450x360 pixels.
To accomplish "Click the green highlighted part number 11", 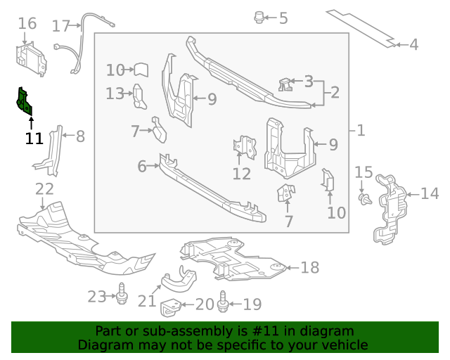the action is (24, 103).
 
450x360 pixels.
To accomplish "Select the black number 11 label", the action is (34, 139).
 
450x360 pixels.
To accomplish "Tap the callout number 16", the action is (27, 24).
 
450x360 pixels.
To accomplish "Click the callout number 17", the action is (61, 26).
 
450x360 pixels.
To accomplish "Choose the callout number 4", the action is (413, 45).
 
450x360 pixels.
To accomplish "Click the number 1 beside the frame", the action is (360, 130).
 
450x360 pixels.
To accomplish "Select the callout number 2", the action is (334, 92).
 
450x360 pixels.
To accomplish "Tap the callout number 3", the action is (308, 82).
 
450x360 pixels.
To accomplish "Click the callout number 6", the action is (141, 167).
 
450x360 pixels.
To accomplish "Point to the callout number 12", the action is (242, 174).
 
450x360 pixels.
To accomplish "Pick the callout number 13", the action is (115, 93).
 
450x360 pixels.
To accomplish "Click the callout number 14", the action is (429, 193).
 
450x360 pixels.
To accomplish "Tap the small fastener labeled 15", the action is (364, 199).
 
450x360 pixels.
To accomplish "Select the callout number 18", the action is (309, 267).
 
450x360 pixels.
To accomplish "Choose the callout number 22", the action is (44, 188).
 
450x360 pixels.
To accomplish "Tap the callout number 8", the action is (79, 136).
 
